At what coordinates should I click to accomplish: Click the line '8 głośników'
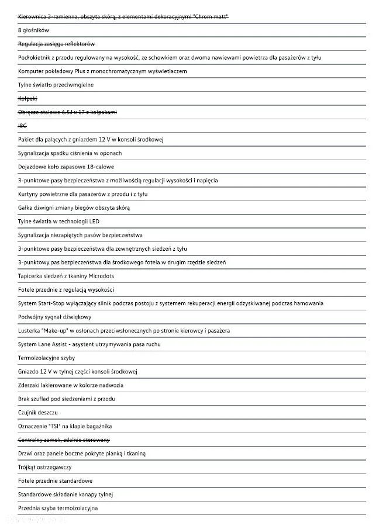click(x=34, y=30)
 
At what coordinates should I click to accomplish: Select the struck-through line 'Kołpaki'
click(x=27, y=98)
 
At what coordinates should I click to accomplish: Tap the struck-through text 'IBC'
click(x=23, y=126)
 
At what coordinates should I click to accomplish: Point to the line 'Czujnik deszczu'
click(x=38, y=413)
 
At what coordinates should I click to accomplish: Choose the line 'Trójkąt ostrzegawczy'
click(x=45, y=467)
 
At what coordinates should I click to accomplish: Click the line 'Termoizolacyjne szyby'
click(x=46, y=358)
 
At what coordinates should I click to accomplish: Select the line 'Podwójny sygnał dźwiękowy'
click(x=54, y=317)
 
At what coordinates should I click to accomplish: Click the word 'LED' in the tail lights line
click(x=94, y=222)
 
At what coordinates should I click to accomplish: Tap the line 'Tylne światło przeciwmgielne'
click(x=56, y=85)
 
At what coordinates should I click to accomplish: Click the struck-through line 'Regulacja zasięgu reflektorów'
click(x=56, y=44)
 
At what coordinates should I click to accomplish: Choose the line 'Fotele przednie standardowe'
click(x=55, y=481)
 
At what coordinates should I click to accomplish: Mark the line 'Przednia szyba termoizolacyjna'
click(x=58, y=509)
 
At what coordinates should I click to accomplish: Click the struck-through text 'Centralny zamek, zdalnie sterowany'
click(x=64, y=440)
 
